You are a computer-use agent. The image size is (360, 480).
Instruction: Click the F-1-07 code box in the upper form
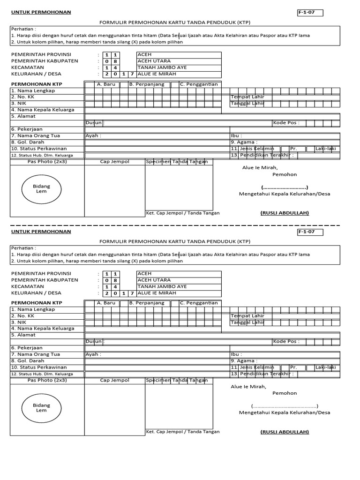pos(309,13)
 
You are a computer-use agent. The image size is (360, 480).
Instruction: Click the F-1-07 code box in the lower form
pos(309,232)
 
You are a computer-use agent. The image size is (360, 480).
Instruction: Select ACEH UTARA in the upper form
pos(154,61)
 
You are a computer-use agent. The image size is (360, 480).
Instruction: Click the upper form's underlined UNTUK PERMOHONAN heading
pos(41,12)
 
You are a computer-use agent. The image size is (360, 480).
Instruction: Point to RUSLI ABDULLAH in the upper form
pos(285,213)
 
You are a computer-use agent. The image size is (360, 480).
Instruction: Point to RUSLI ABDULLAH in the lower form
pos(285,432)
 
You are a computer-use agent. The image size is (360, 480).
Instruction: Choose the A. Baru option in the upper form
pos(106,84)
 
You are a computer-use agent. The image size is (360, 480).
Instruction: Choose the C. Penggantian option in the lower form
pos(199,303)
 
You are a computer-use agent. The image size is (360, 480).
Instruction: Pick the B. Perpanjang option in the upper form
pos(146,84)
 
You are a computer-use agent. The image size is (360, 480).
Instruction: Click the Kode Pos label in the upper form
pos(286,123)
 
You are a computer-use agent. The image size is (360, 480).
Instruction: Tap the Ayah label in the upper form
pos(93,136)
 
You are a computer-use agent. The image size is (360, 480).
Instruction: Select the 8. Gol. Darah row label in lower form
pos(27,361)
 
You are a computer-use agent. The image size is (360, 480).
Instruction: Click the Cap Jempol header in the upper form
pos(114,162)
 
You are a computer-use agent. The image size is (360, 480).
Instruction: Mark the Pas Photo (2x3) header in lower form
pos(47,380)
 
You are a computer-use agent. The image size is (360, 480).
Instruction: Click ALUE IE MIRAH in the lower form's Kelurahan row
pos(157,293)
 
